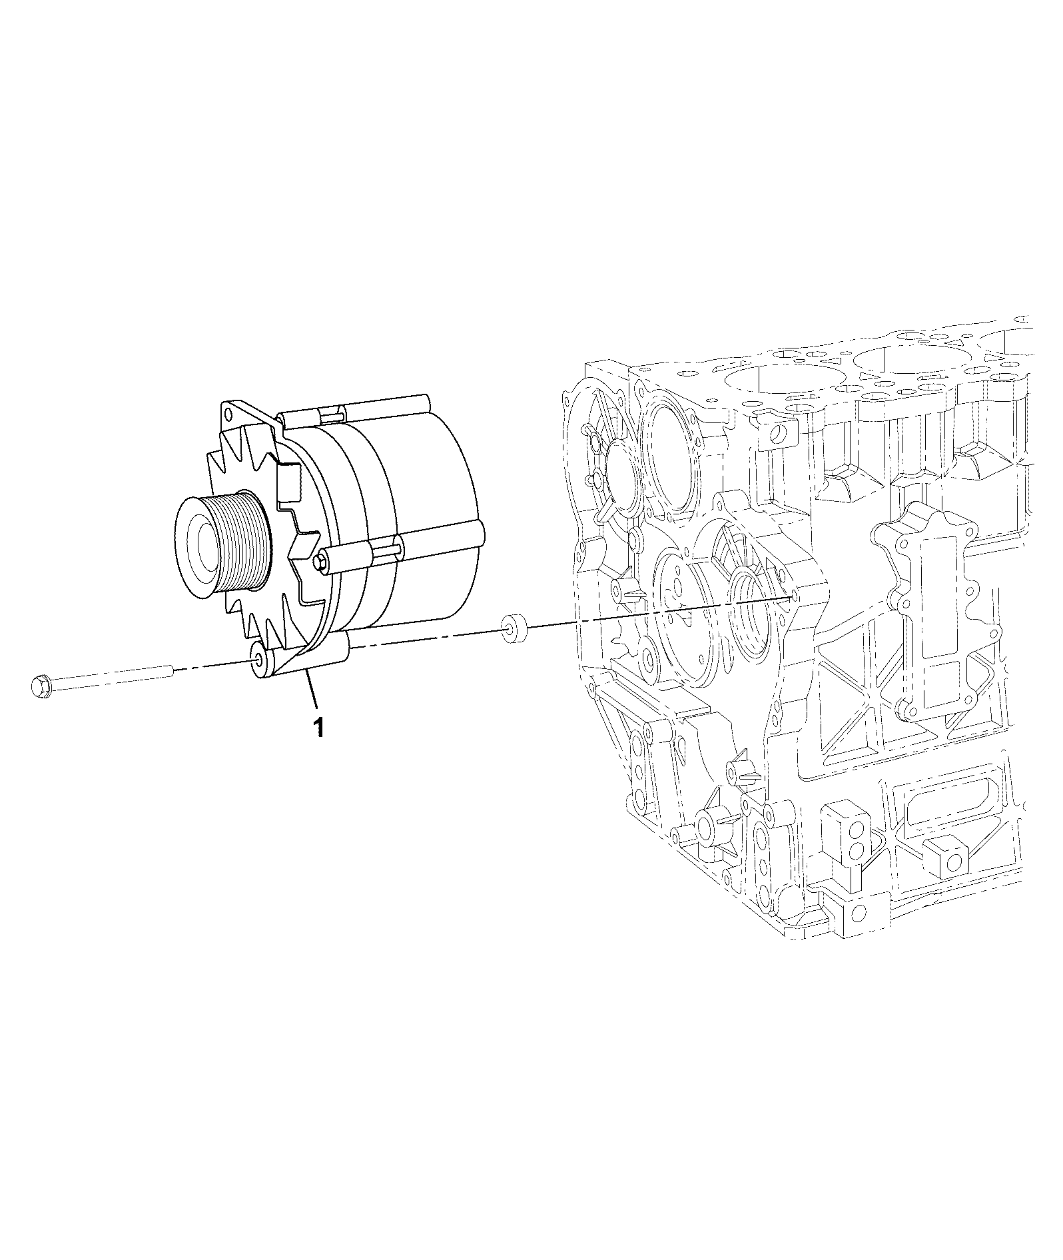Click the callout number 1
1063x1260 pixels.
click(319, 726)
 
